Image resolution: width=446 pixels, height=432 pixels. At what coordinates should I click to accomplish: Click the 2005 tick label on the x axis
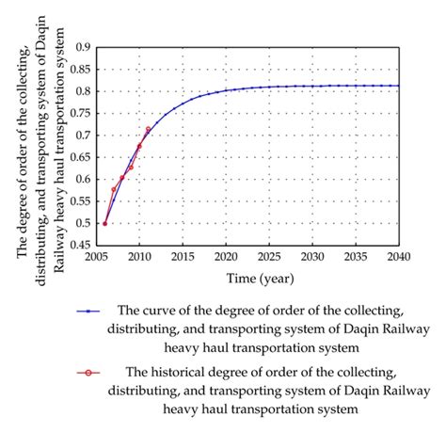[95, 257]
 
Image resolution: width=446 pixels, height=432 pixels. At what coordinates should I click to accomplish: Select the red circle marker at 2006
[104, 223]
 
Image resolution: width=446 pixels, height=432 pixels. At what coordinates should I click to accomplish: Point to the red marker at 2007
[114, 189]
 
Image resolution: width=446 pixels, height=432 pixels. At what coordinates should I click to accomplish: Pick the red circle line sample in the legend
[90, 374]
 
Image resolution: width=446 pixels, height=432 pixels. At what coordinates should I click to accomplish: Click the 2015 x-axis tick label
[182, 257]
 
